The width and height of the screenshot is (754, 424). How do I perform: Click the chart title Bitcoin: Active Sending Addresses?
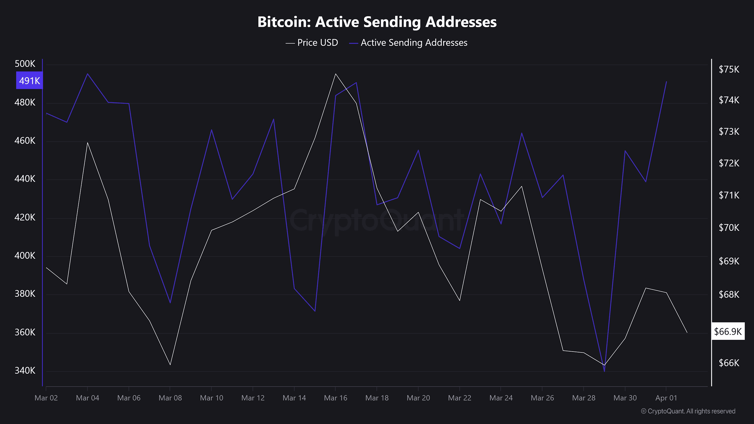tap(377, 22)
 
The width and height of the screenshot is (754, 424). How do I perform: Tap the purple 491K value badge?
tap(29, 80)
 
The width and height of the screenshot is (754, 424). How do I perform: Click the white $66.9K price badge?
tap(728, 332)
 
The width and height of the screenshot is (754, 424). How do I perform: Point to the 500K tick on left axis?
tap(25, 64)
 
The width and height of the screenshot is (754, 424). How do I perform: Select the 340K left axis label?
tap(25, 370)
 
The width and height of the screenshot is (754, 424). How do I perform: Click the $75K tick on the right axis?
tap(729, 69)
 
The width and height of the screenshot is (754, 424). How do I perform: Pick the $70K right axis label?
tap(729, 228)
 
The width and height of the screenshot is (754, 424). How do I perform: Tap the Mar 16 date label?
tap(335, 398)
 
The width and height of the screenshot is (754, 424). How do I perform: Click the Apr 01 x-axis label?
tap(666, 398)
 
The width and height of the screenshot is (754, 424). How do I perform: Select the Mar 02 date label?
tap(46, 398)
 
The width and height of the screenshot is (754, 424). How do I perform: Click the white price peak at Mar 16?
tap(335, 74)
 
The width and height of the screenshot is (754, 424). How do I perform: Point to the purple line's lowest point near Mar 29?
tap(604, 371)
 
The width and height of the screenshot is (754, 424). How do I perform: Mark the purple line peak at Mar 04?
tap(87, 74)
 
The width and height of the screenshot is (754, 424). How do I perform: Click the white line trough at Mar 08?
tap(170, 365)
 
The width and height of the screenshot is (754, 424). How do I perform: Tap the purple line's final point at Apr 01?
tap(666, 82)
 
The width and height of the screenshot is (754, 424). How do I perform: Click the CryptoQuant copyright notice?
tap(688, 411)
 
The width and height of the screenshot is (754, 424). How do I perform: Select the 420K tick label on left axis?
tap(25, 217)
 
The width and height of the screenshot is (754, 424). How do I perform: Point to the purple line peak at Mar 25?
tap(522, 133)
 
